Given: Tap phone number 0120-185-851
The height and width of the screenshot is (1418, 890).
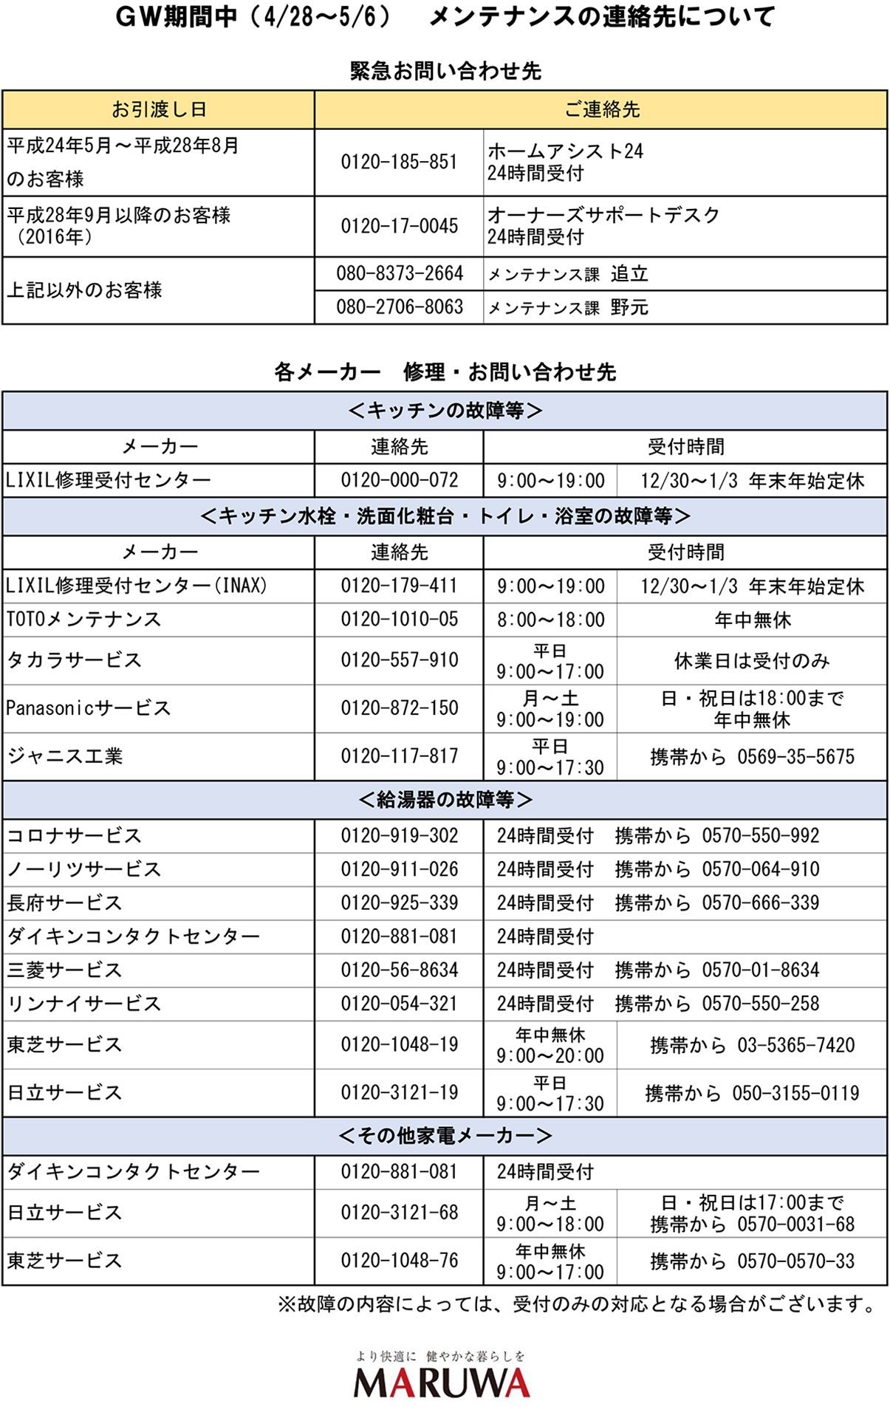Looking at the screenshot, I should pos(399,162).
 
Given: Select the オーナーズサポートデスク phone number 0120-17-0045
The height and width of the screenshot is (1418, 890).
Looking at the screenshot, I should pos(399,226).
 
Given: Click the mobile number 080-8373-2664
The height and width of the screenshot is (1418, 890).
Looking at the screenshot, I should pos(399,274).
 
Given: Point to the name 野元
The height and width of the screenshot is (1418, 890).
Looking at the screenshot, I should pos(629,307).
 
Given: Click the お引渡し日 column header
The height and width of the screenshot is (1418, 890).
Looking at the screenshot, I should pos(159,110).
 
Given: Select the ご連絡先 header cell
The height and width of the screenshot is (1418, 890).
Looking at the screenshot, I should pos(601,110).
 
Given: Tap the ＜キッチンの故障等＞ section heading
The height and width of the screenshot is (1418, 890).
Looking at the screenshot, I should pos(445,411).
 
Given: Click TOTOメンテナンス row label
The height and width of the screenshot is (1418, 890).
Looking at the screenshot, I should pos(83,620).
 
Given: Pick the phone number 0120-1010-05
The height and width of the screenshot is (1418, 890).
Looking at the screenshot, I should pos(399,620).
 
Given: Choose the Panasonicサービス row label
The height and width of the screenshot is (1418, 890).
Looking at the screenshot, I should pos(89,708).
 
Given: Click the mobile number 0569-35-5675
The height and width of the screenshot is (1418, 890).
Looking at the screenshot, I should pos(795,757).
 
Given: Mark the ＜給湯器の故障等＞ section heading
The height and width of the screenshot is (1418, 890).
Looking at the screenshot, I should pos(445,800).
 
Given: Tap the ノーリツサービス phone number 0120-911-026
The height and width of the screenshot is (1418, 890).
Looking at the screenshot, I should pos(399,869).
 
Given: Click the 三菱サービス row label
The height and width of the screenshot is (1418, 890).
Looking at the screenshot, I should pos(64,970).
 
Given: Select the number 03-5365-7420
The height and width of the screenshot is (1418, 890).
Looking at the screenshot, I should pos(795,1045).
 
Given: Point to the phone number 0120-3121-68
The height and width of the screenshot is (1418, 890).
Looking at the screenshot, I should pos(399,1213).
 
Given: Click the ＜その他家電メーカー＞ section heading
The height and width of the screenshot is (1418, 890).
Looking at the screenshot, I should pos(445,1136).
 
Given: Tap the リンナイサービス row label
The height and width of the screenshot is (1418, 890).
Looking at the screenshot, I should pos(83,1004).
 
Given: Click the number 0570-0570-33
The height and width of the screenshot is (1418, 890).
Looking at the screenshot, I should pos(795,1261).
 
